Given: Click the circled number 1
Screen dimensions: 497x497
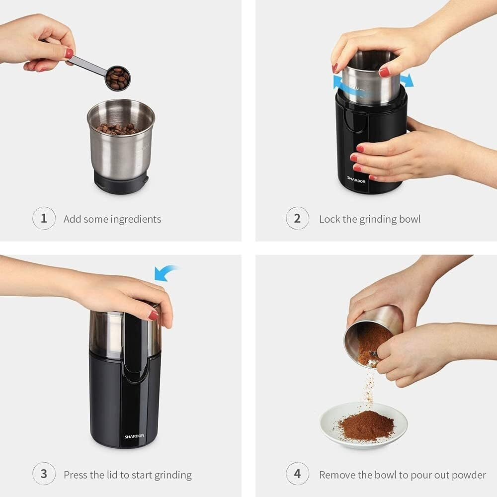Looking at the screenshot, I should click(44, 219).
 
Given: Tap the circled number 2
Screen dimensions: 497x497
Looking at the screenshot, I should click(297, 219).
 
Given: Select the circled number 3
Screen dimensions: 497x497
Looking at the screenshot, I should click(44, 474).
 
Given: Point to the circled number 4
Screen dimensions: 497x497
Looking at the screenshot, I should click(297, 474).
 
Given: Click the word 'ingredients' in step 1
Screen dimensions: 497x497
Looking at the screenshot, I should click(136, 219).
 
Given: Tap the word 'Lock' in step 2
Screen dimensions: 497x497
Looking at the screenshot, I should click(330, 219).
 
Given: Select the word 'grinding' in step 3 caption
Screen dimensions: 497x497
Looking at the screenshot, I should click(172, 475).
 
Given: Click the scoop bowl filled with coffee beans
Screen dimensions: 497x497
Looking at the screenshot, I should click(117, 79).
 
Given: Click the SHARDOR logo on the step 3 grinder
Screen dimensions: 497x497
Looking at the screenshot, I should click(134, 436).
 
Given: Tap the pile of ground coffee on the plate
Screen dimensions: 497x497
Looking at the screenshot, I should click(366, 425).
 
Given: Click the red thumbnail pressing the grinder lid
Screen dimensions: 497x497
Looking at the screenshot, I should click(154, 315).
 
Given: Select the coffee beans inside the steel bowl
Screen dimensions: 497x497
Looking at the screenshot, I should click(118, 129).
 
